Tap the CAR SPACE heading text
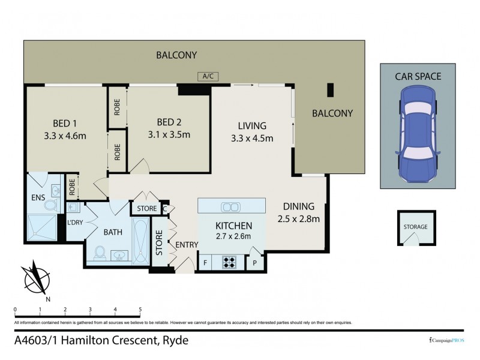point(418,76)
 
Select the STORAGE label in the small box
point(415,227)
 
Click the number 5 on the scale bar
point(140,310)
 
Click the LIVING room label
point(251,126)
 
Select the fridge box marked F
point(206,262)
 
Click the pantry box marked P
point(254,262)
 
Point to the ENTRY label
point(186,244)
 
